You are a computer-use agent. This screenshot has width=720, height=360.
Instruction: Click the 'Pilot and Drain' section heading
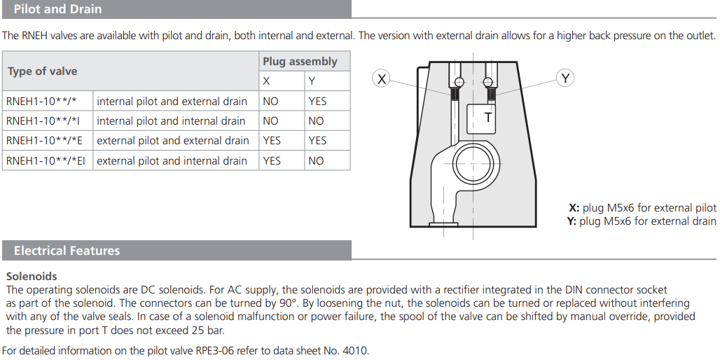pyautogui.click(x=57, y=9)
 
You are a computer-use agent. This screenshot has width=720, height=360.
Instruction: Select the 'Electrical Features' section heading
pyautogui.click(x=67, y=251)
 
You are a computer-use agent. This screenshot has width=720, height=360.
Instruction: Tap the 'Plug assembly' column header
pyautogui.click(x=300, y=62)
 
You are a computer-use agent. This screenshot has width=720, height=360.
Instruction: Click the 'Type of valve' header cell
pyautogui.click(x=43, y=71)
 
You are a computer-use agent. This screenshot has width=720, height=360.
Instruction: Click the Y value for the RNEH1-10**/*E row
pyautogui.click(x=317, y=141)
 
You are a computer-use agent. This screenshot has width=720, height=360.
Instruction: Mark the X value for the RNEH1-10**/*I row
pyautogui.click(x=270, y=121)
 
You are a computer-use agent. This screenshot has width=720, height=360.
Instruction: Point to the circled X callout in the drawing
pyautogui.click(x=381, y=79)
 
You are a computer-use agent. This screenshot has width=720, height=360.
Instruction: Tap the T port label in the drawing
pyautogui.click(x=488, y=118)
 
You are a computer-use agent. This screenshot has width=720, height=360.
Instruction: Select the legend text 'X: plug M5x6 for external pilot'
pyautogui.click(x=642, y=208)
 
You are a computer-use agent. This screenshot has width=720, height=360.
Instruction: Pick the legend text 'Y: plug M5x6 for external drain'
pyautogui.click(x=641, y=221)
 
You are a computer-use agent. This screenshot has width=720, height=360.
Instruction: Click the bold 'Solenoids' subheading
pyautogui.click(x=32, y=277)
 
